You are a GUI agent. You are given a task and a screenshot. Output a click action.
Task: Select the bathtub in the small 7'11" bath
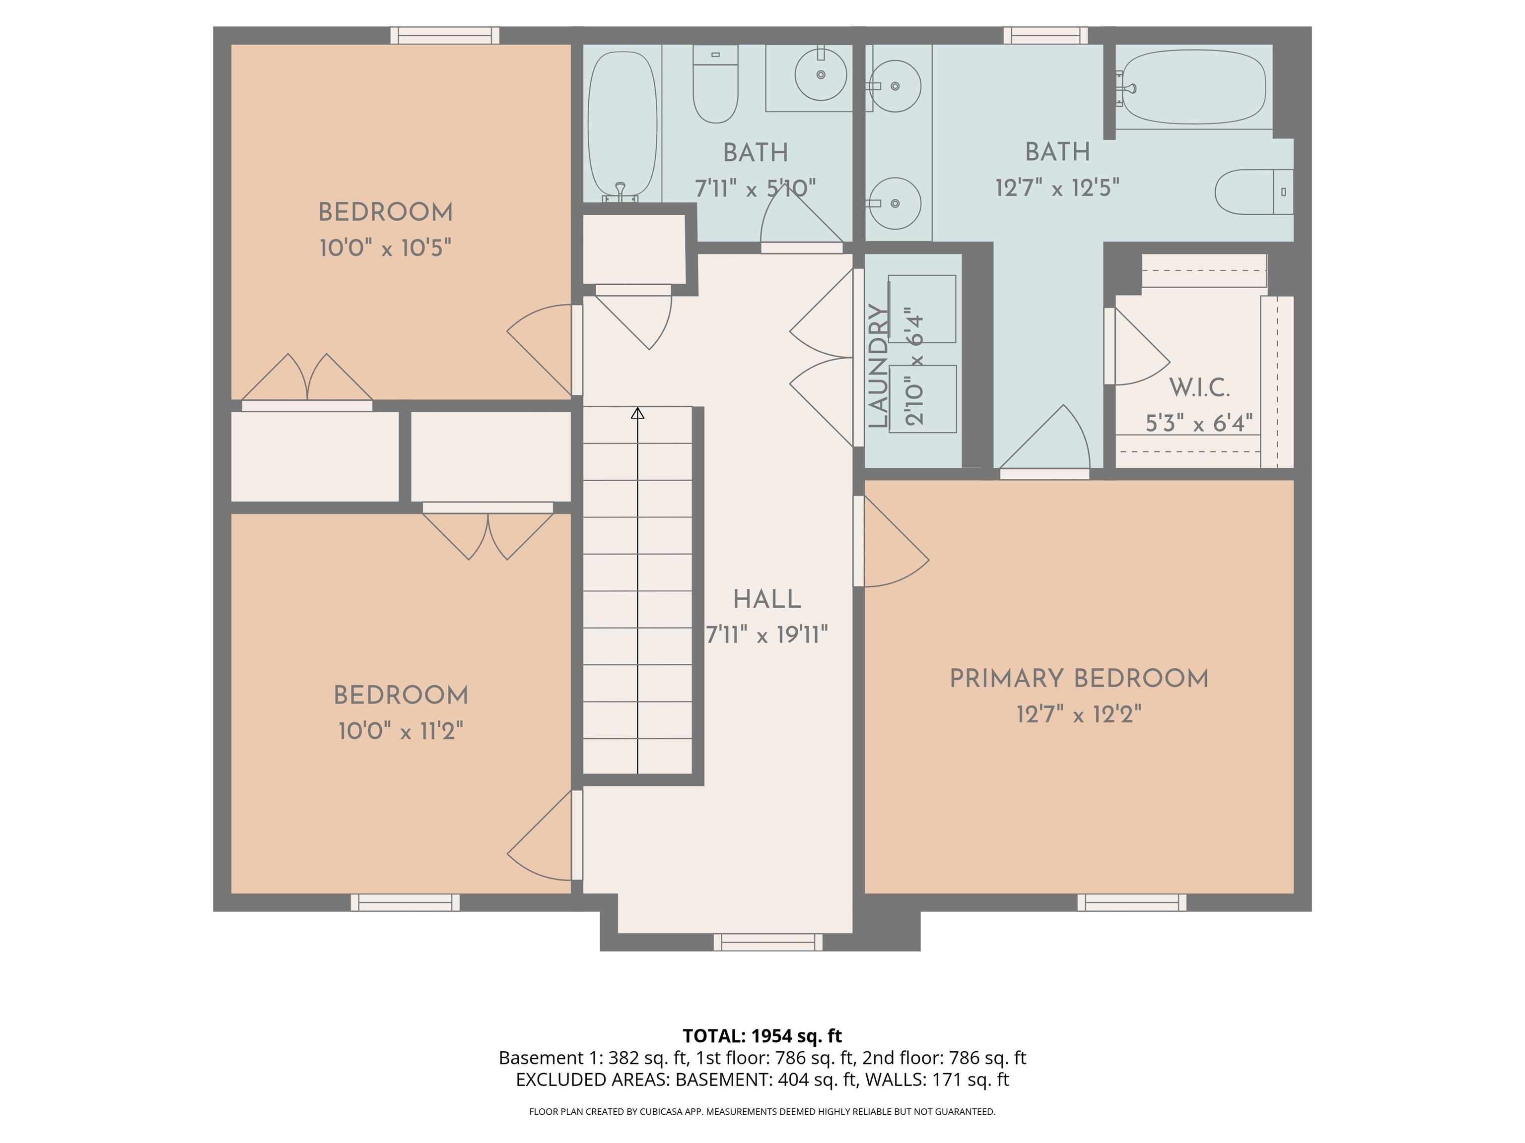pyautogui.click(x=622, y=124)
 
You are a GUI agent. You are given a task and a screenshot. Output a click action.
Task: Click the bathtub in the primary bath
pyautogui.click(x=1194, y=87)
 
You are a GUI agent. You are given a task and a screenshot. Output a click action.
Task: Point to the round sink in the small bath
pyautogui.click(x=821, y=74)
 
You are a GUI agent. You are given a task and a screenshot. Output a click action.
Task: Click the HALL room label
pyautogui.click(x=766, y=599)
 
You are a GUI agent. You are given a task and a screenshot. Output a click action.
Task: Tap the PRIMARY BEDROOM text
pyautogui.click(x=1079, y=679)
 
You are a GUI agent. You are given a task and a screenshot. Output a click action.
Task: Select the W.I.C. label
pyautogui.click(x=1199, y=388)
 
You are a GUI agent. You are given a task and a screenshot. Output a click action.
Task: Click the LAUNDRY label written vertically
pyautogui.click(x=878, y=367)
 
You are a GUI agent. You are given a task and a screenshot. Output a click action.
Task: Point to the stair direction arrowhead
pyautogui.click(x=638, y=413)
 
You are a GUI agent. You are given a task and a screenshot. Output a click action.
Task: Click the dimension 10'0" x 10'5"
pyautogui.click(x=385, y=248)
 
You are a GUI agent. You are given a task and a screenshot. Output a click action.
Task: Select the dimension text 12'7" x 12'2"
pyautogui.click(x=1079, y=714)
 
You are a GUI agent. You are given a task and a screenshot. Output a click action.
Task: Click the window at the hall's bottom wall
pyautogui.click(x=767, y=942)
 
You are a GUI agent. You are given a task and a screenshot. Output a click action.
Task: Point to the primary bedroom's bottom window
pyautogui.click(x=1131, y=902)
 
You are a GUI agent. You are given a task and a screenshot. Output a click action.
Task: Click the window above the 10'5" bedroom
pyautogui.click(x=445, y=35)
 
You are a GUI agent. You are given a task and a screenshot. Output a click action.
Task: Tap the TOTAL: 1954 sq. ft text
pyautogui.click(x=762, y=1035)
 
